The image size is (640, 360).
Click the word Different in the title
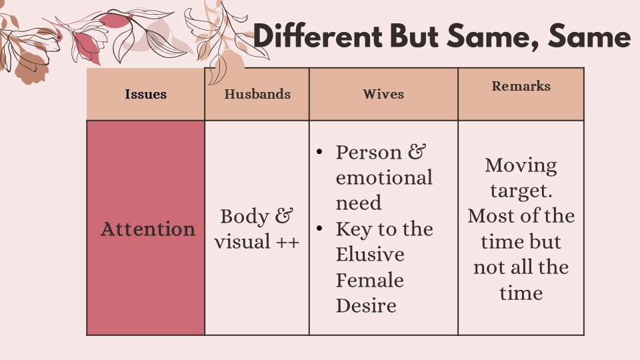(x=317, y=35)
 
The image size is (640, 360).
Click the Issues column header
(x=146, y=94)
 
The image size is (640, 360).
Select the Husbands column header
(x=257, y=94)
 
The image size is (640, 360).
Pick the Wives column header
(x=383, y=94)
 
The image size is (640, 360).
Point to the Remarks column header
(x=521, y=86)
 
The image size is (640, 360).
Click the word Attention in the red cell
(x=148, y=229)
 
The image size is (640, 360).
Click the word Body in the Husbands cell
(x=245, y=217)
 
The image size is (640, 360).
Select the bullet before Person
(x=319, y=152)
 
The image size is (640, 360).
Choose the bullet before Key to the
(x=319, y=229)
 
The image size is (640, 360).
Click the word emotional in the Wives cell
(x=384, y=178)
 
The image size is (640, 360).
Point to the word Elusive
(x=370, y=254)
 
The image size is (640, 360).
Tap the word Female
(x=370, y=280)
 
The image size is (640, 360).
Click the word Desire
(x=366, y=306)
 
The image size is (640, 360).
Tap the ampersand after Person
(x=417, y=152)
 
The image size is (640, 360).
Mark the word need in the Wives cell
(x=359, y=203)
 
